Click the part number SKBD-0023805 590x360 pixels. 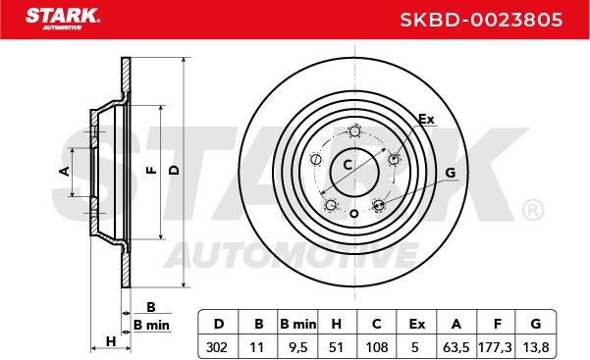[x=481, y=20]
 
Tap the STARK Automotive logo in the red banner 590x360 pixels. [x=63, y=19]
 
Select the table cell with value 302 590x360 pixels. [x=217, y=347]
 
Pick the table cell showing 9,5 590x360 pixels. [x=298, y=347]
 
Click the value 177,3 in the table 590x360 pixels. [x=495, y=347]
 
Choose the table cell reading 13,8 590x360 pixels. [x=536, y=347]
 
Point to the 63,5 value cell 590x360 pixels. [x=456, y=347]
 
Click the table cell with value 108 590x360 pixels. [x=376, y=347]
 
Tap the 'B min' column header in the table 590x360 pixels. [x=298, y=324]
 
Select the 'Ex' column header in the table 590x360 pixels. [x=416, y=324]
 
